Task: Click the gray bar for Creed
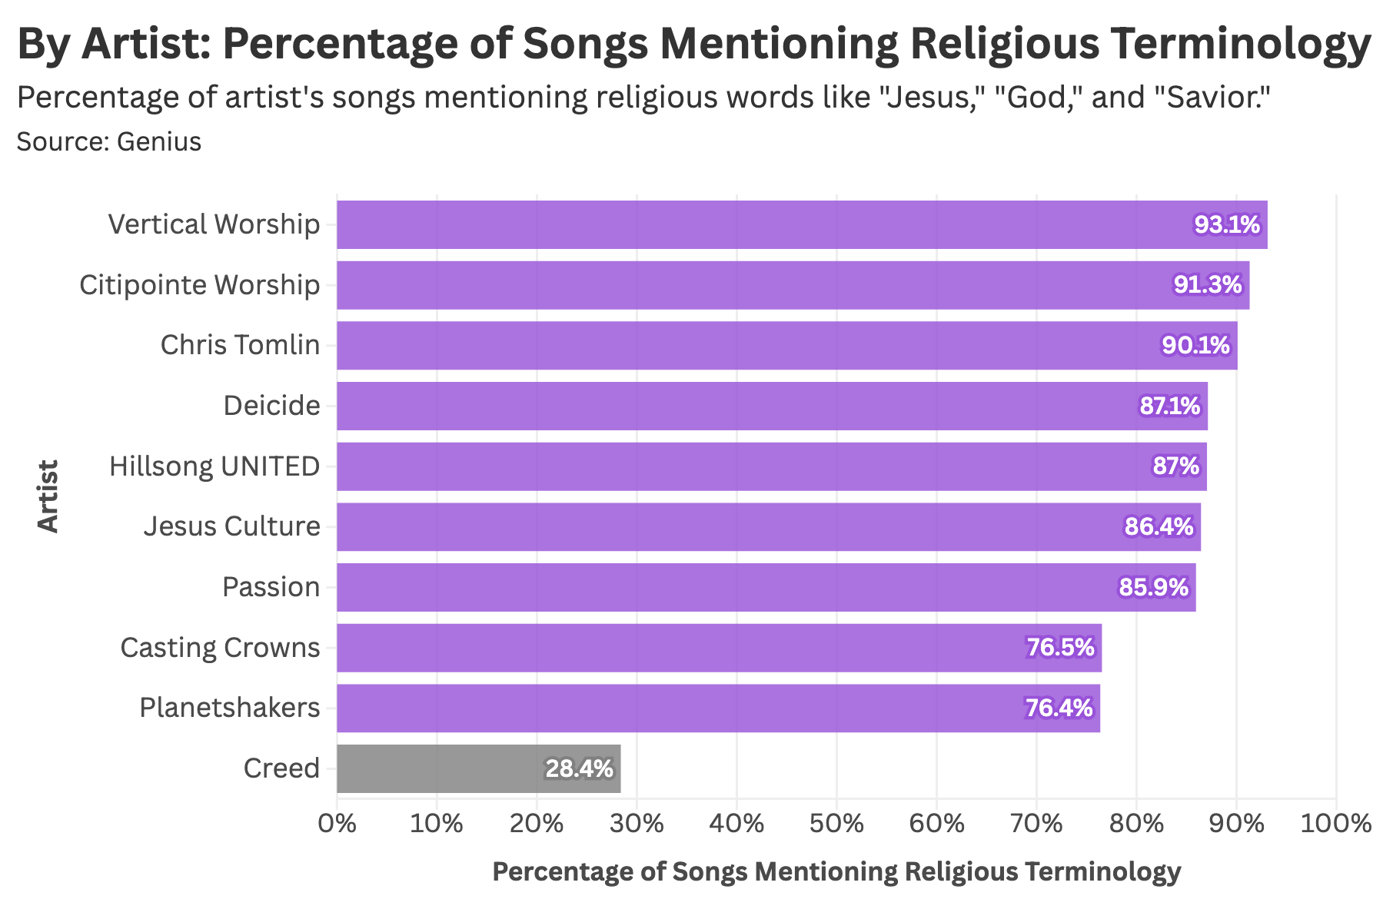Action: tap(478, 768)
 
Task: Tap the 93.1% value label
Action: tap(1227, 225)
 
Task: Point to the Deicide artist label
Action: tap(271, 405)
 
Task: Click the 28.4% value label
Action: tap(579, 768)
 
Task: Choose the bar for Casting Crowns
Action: tap(719, 648)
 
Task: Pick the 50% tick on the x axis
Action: tap(837, 824)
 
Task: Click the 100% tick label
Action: tap(1335, 824)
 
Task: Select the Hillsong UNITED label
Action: tap(214, 466)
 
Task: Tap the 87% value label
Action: tap(1175, 466)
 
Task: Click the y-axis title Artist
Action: tap(48, 496)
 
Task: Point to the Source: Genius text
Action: tap(108, 142)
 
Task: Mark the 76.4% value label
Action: tap(1059, 708)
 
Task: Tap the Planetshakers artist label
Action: tap(229, 707)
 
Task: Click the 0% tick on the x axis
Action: tap(337, 824)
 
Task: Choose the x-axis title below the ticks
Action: tap(836, 872)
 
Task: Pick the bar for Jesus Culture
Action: tap(769, 527)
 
